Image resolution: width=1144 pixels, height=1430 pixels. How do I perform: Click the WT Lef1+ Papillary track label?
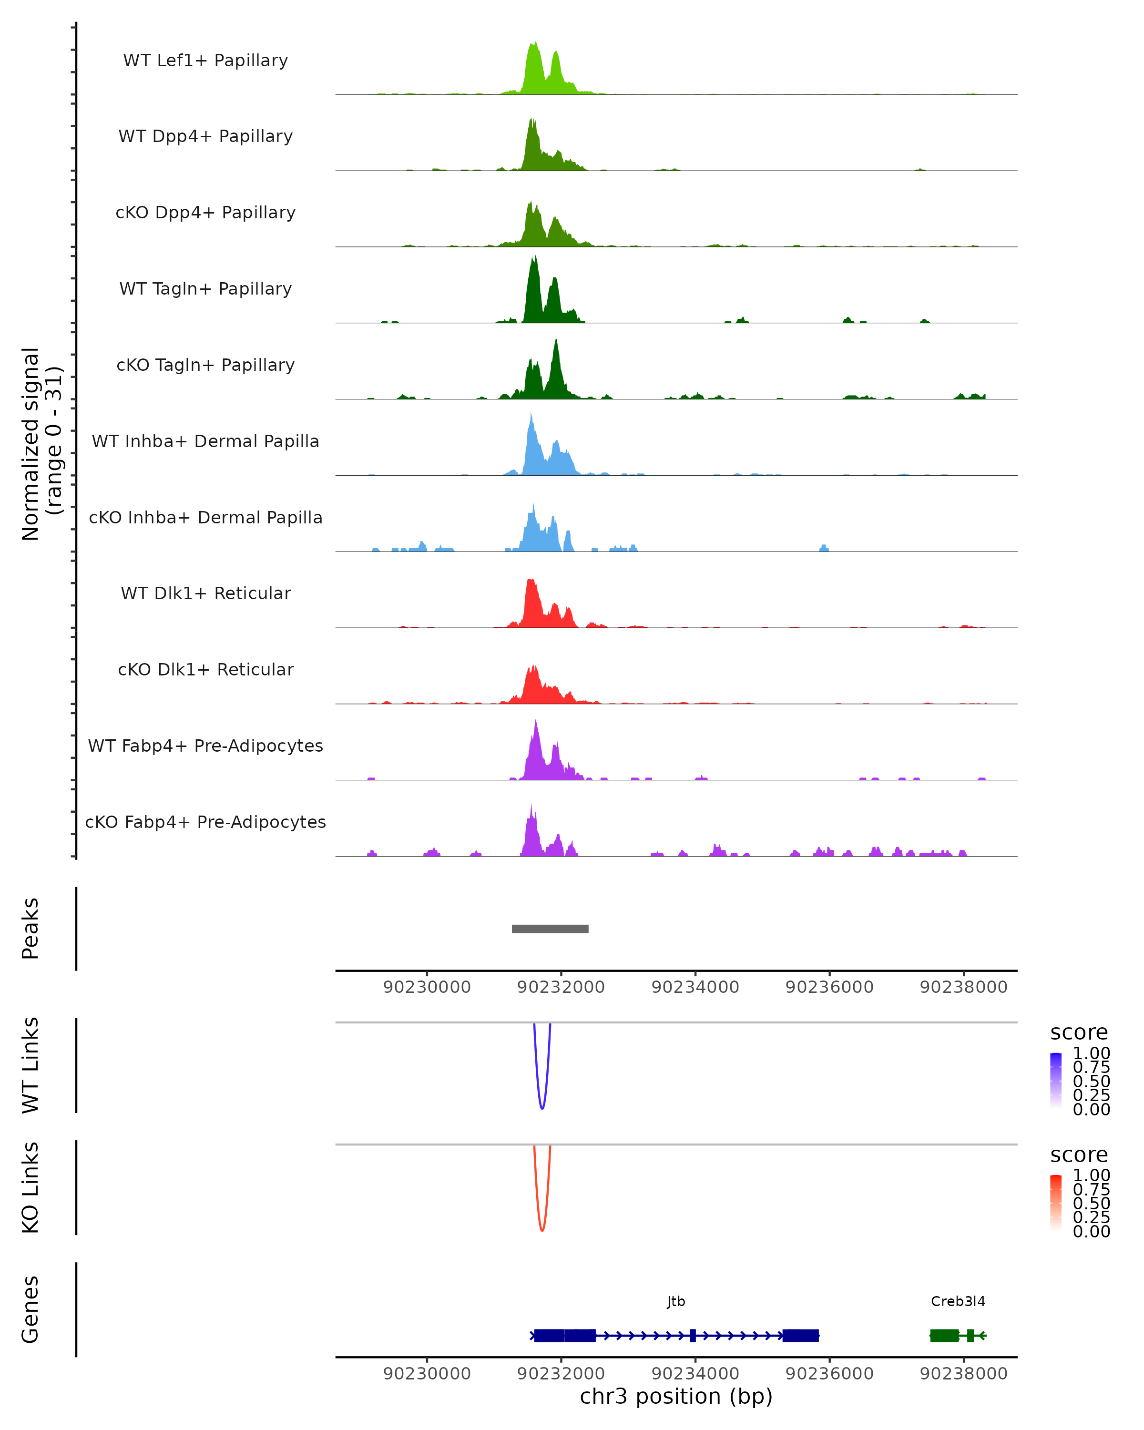[x=205, y=61]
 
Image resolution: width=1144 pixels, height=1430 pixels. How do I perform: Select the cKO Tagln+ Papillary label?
[x=205, y=365]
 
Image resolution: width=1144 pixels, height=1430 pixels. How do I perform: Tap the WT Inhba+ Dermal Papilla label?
[x=205, y=441]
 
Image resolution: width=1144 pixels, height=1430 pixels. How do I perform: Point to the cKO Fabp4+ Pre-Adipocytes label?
[x=205, y=822]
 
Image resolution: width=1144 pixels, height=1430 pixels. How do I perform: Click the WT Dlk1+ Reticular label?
[x=205, y=593]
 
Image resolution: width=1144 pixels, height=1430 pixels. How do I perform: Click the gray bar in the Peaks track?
[x=550, y=929]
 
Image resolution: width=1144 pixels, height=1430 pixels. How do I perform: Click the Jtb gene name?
[x=676, y=1301]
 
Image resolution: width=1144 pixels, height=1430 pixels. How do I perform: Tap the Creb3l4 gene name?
[x=958, y=1301]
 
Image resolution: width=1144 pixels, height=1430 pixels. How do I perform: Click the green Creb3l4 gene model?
[x=944, y=1335]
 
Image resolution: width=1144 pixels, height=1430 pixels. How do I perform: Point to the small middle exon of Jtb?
[x=693, y=1335]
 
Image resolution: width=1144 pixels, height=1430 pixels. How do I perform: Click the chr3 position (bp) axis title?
[x=676, y=1396]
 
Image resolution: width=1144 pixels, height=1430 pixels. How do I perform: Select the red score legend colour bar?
[x=1056, y=1203]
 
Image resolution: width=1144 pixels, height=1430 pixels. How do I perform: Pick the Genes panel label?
[x=31, y=1309]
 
